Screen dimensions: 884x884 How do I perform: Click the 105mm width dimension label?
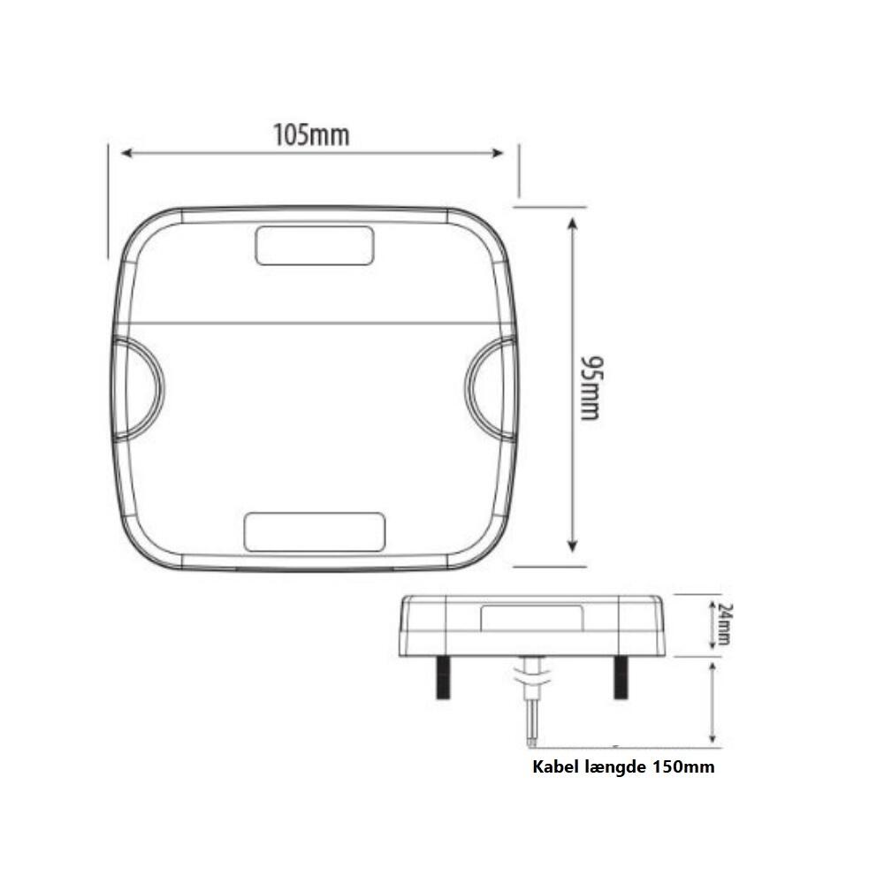311,135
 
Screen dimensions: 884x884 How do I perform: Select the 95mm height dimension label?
591,388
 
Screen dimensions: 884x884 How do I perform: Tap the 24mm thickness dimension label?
726,625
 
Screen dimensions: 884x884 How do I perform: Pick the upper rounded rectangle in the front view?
315,246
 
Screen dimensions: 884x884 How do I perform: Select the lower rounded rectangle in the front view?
315,531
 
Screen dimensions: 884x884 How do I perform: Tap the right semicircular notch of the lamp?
468,388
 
